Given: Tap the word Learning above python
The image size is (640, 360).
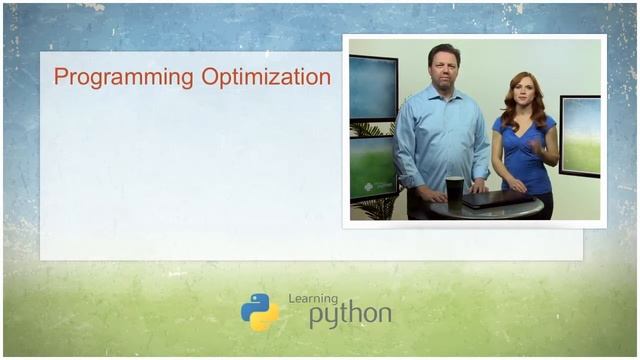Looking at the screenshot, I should [x=313, y=298].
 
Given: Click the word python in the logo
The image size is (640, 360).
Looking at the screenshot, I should [x=349, y=315].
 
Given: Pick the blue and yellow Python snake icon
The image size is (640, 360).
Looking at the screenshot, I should [x=260, y=312].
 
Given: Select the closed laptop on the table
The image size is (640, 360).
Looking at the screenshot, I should [x=497, y=198].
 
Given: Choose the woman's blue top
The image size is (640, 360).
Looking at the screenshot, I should [x=525, y=155].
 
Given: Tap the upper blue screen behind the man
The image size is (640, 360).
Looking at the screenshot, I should [x=372, y=88].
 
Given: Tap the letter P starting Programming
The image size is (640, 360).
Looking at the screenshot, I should [x=60, y=78].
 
